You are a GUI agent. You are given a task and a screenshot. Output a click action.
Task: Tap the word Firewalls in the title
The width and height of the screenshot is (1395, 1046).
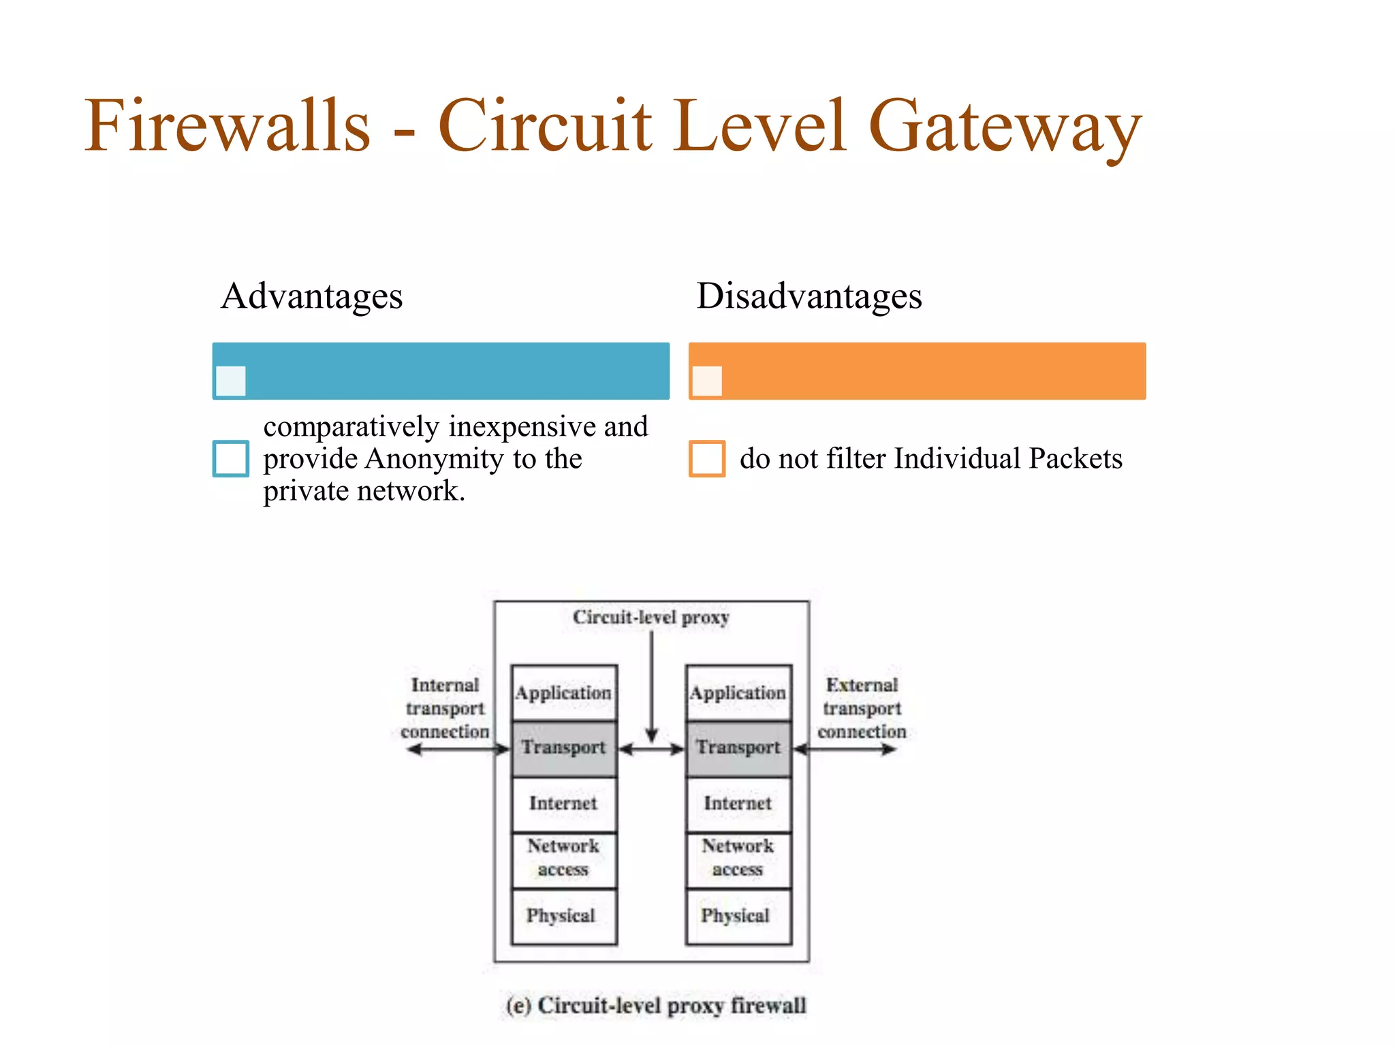(228, 127)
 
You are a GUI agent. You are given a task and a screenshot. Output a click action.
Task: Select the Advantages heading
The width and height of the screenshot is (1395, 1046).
(312, 296)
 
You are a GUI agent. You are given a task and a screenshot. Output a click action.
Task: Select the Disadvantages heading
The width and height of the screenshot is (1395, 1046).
(809, 296)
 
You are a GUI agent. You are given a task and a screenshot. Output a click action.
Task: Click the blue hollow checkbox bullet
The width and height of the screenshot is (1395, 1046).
(230, 458)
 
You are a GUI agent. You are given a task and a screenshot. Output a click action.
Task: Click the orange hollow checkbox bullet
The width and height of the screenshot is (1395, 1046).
(706, 458)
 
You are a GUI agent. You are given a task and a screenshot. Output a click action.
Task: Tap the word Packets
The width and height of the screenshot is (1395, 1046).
(1076, 459)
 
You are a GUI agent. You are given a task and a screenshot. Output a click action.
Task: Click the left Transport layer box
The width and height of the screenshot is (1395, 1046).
(564, 748)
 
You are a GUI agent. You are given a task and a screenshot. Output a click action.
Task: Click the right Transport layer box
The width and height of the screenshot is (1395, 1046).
(738, 748)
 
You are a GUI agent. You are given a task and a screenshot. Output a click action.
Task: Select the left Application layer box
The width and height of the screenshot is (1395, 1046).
(564, 693)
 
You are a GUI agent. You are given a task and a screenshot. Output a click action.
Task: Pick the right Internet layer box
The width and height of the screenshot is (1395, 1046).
(738, 804)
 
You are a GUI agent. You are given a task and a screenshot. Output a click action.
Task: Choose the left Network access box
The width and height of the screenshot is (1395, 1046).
(564, 858)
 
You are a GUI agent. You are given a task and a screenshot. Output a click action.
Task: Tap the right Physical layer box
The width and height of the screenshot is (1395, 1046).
(738, 916)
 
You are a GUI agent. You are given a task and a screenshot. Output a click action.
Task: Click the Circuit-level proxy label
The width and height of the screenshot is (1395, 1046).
(651, 618)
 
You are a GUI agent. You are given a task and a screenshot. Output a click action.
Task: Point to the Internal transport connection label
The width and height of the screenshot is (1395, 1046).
(445, 708)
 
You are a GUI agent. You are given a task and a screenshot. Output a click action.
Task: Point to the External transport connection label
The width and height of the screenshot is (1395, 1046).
(862, 708)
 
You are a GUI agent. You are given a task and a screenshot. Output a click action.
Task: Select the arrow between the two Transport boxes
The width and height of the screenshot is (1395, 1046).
(651, 750)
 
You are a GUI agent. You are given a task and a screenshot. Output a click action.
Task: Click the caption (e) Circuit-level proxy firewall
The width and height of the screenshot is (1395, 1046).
(657, 1006)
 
